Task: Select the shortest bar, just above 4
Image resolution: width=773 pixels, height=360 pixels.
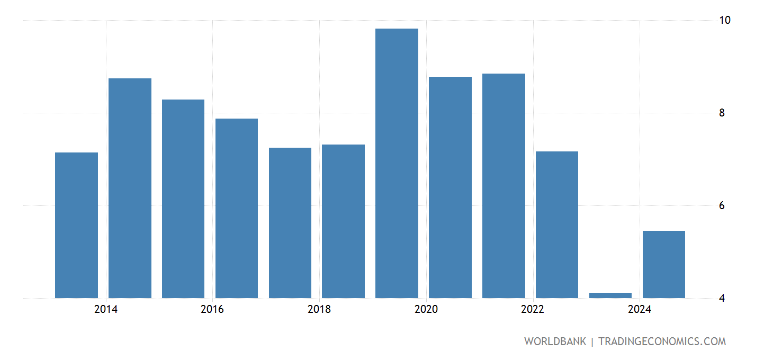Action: point(610,295)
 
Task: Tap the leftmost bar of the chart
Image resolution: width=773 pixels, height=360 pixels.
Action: point(76,225)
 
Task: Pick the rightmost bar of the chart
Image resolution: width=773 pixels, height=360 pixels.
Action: point(663,264)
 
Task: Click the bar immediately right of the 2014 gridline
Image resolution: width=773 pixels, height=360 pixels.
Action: point(130,188)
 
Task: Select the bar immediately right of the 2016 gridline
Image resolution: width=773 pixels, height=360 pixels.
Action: point(237,208)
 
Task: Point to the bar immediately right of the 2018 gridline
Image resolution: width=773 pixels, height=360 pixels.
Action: point(343,221)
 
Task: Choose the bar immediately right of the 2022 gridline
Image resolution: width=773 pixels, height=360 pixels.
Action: point(557,224)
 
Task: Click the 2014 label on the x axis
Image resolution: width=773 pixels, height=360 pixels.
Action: point(106,310)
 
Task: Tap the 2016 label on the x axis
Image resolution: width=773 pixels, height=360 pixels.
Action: point(212,310)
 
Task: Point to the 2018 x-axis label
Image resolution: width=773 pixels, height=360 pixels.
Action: point(319,310)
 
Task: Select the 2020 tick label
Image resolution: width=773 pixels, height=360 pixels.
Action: point(426,310)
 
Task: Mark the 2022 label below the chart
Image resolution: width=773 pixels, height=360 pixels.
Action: point(533,310)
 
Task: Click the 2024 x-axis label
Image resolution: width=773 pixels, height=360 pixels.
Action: point(640,310)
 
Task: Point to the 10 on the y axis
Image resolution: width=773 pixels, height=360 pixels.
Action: point(725,20)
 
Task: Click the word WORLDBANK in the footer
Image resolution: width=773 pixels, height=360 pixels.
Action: point(555,341)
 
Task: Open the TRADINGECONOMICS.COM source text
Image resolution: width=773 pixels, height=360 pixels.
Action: point(662,341)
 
